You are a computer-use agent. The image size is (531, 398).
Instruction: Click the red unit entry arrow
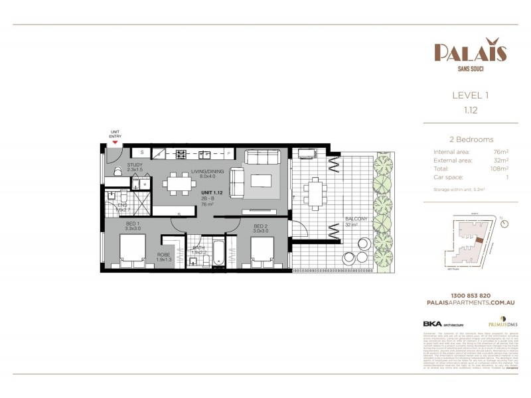point(115,142)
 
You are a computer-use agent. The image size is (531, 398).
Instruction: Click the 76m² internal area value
point(500,152)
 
